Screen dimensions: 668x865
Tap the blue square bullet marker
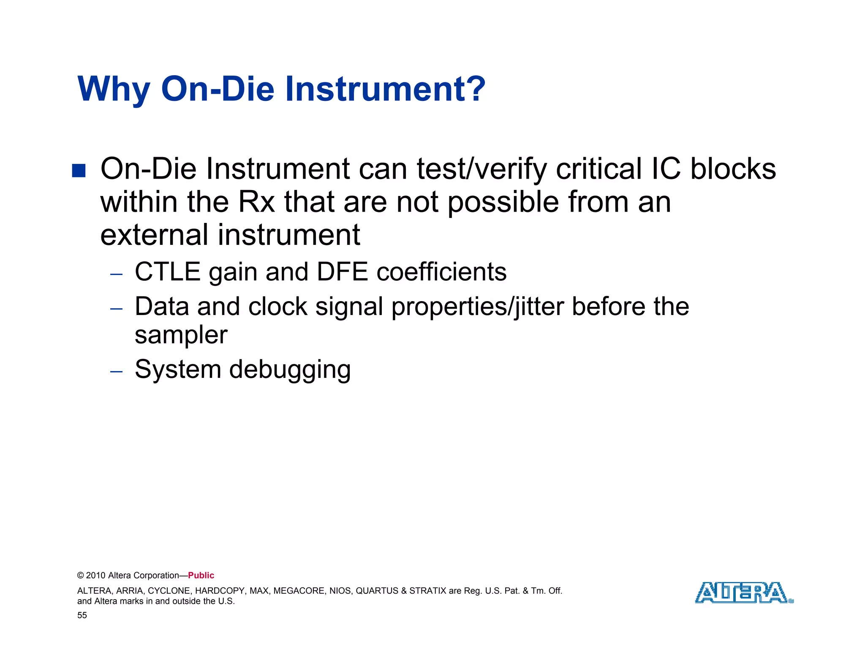pyautogui.click(x=79, y=171)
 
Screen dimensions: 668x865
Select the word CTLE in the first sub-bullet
pyautogui.click(x=167, y=272)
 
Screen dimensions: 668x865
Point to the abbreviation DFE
pyautogui.click(x=342, y=272)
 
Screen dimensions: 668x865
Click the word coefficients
pyautogui.click(x=441, y=272)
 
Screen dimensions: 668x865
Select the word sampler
pyautogui.click(x=181, y=336)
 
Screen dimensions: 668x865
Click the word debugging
pyautogui.click(x=290, y=370)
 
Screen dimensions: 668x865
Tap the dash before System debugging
pyautogui.click(x=116, y=372)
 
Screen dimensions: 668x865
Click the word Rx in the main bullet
pyautogui.click(x=256, y=202)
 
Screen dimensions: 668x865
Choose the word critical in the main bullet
pyautogui.click(x=599, y=169)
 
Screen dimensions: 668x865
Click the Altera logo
pyautogui.click(x=743, y=592)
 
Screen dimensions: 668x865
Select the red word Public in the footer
pyautogui.click(x=201, y=576)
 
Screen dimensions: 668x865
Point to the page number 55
pyautogui.click(x=82, y=615)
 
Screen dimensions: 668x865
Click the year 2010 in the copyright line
pyautogui.click(x=96, y=576)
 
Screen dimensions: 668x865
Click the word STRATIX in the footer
pyautogui.click(x=427, y=591)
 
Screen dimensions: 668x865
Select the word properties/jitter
pyautogui.click(x=477, y=307)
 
